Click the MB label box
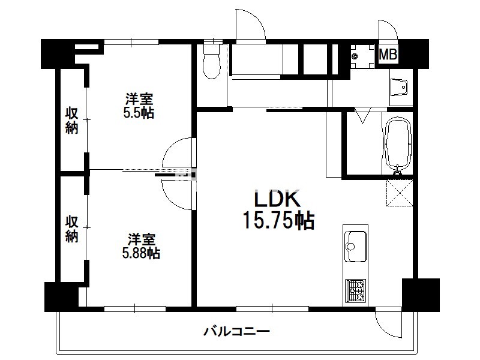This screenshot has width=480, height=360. (x=388, y=55)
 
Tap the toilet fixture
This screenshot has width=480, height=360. (x=212, y=61)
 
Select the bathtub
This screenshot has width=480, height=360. (x=397, y=143)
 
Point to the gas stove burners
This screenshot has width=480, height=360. (x=355, y=290)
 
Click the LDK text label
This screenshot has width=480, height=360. (x=277, y=199)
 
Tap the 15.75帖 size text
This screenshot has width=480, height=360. (x=278, y=220)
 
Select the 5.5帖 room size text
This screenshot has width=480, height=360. (x=139, y=113)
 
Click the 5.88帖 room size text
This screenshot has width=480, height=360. (x=141, y=253)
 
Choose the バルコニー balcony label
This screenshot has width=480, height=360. (x=236, y=331)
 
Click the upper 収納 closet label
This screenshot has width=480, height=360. (x=72, y=121)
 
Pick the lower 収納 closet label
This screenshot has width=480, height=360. (x=72, y=229)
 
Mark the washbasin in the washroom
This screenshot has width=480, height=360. (x=399, y=88)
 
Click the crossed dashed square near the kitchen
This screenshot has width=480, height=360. (x=400, y=193)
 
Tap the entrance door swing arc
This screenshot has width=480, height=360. (x=256, y=22)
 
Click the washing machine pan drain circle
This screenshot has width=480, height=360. (x=355, y=56)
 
